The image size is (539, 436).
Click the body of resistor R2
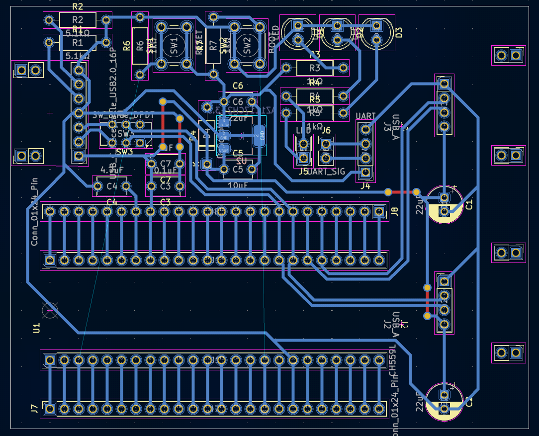click(77, 20)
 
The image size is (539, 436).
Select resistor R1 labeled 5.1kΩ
click(77, 43)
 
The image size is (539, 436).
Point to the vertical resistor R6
click(140, 46)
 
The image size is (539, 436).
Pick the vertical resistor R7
click(213, 46)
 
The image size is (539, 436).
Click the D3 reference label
click(398, 32)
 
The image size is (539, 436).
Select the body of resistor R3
click(315, 68)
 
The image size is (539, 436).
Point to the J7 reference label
click(34, 409)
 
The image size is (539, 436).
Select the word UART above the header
click(366, 116)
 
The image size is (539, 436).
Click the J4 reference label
click(365, 186)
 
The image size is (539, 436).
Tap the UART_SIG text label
click(326, 172)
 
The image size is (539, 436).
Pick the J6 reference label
click(326, 131)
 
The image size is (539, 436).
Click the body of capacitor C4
click(112, 186)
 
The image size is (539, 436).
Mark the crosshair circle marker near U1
click(50, 311)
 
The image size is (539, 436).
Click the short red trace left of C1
click(402, 192)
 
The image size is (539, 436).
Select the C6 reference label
click(238, 86)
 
